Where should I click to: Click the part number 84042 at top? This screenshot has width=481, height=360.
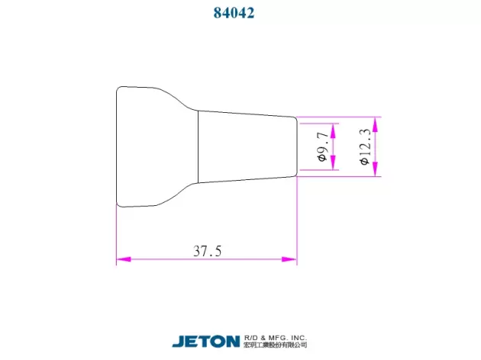[x=234, y=13]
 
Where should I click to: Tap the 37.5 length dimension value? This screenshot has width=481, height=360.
[x=208, y=251]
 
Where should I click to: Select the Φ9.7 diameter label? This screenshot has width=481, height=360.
[x=323, y=146]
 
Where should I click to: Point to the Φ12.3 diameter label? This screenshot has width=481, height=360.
[x=365, y=146]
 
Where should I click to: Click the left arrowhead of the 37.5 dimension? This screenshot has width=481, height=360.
[x=124, y=259]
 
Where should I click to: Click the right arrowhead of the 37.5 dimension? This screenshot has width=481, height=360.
[x=289, y=259]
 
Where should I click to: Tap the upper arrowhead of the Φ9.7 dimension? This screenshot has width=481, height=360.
[x=334, y=131]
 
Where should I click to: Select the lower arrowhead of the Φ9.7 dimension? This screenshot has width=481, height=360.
[x=334, y=162]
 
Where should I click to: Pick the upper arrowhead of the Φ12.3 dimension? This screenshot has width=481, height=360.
[x=375, y=124]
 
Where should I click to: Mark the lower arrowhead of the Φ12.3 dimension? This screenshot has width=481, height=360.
[x=375, y=169]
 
